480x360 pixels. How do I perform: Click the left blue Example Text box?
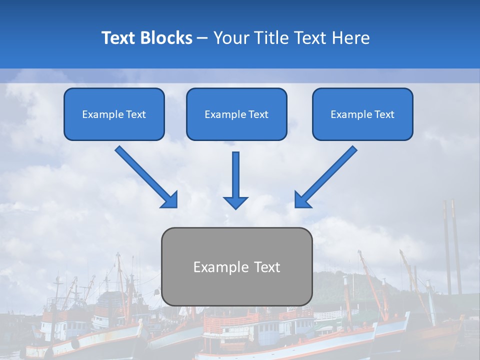pos(114,114)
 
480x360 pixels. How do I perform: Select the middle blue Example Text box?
pos(236,114)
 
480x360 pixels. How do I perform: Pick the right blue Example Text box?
pos(362,114)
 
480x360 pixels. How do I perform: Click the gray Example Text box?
pos(236,267)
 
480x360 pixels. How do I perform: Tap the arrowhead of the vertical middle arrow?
pos(235,202)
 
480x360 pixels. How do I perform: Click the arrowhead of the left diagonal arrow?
pos(170,200)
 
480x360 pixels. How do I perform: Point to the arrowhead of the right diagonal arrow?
pos(302,200)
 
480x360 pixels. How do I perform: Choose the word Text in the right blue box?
pos(384,114)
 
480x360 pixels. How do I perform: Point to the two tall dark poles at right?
pos(451,245)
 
